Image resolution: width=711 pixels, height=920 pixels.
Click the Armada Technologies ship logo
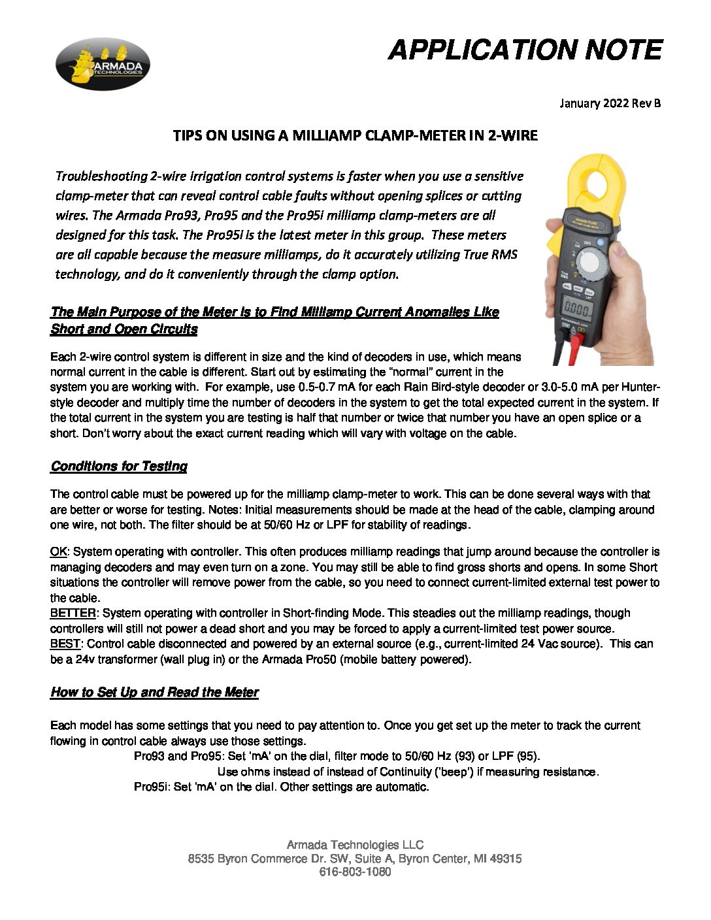[103, 63]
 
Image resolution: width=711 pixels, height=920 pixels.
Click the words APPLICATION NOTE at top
[525, 50]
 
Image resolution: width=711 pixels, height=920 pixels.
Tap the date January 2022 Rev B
[610, 103]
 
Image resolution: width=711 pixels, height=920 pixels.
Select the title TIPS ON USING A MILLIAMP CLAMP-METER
[355, 136]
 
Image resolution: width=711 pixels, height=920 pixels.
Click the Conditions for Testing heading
[119, 466]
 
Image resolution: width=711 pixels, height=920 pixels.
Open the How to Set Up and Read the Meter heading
[154, 692]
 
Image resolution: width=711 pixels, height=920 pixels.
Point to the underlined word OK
[58, 552]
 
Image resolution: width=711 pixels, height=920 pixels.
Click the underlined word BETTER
[73, 613]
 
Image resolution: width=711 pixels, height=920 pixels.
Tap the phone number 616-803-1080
[355, 872]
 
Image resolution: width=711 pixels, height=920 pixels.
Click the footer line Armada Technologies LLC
[355, 845]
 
